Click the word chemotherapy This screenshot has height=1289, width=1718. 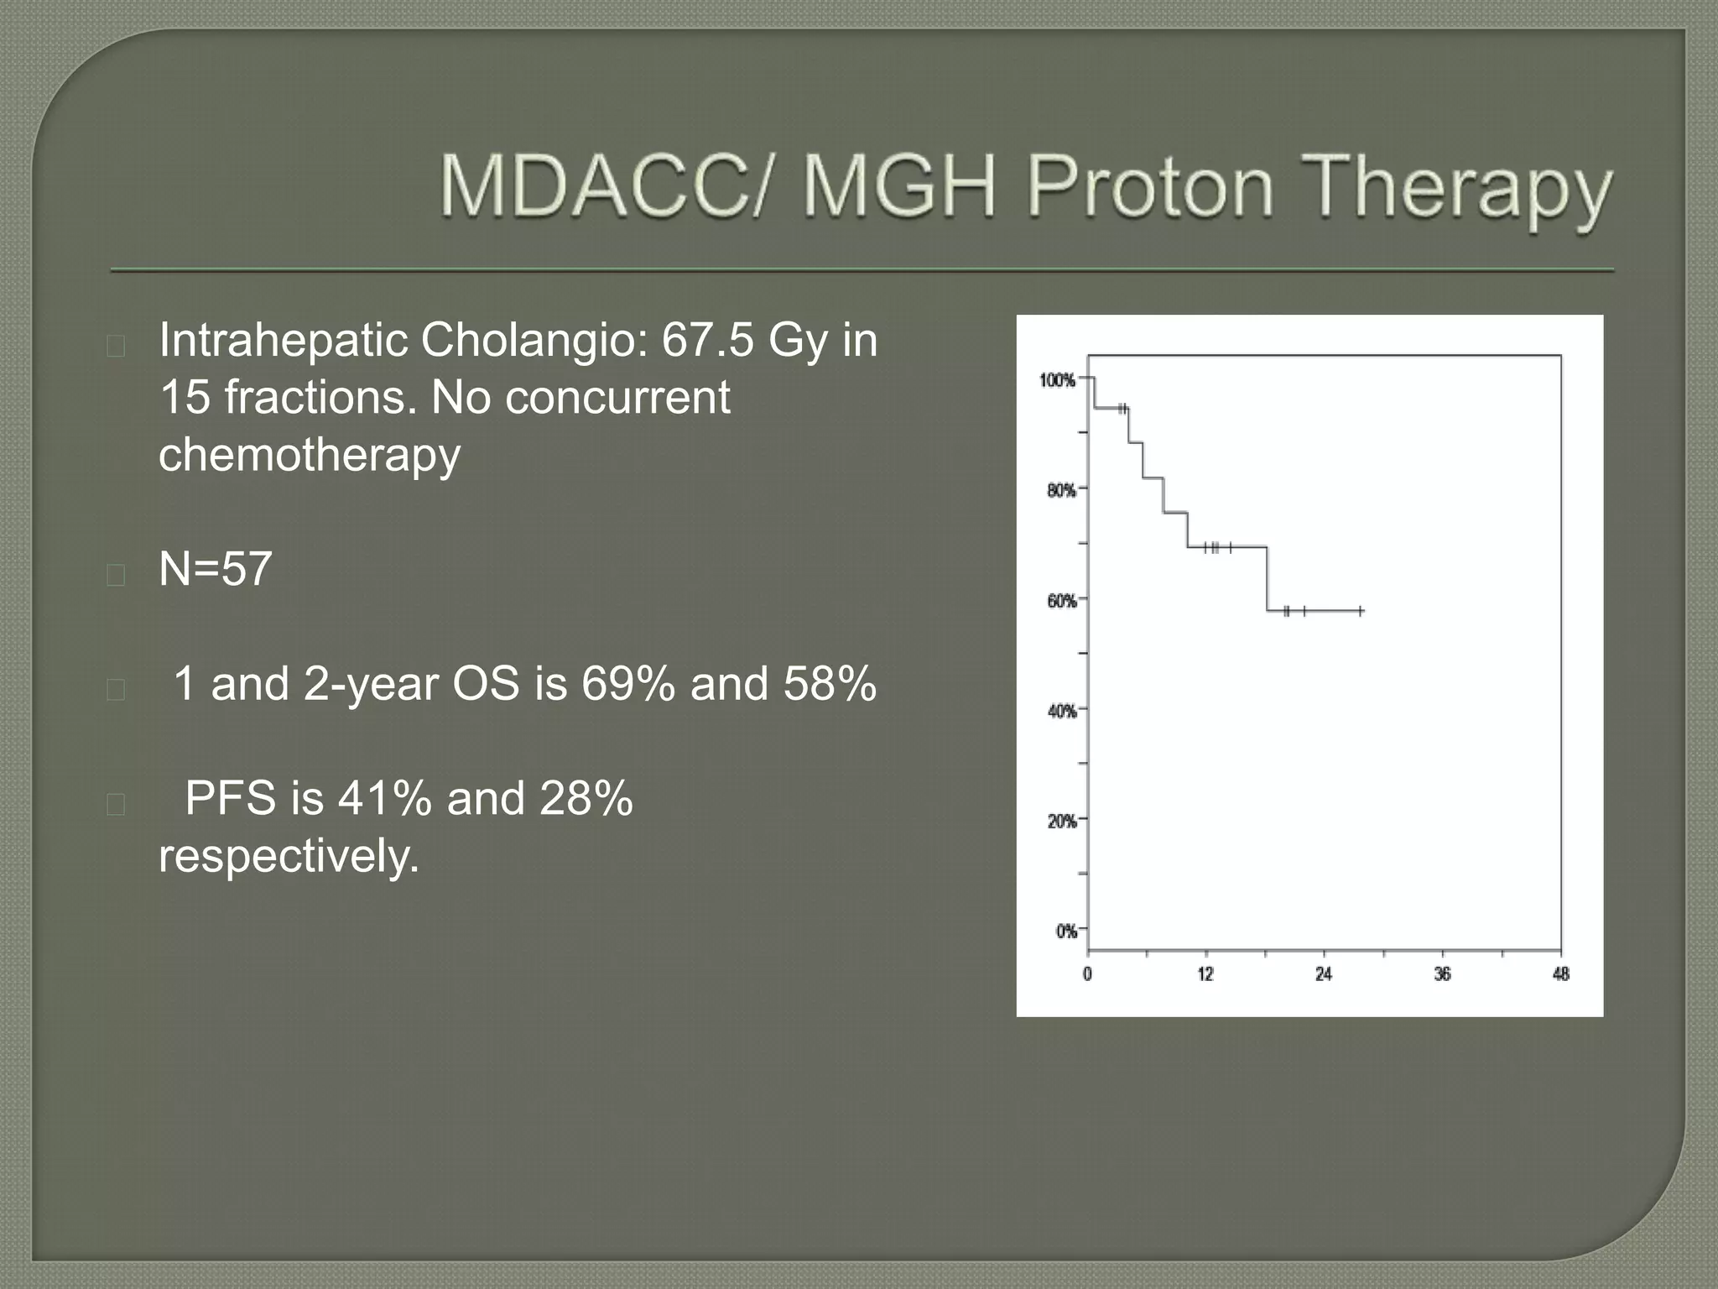[x=310, y=456]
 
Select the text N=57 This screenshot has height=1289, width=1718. [x=216, y=569]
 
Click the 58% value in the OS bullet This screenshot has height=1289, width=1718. [x=830, y=683]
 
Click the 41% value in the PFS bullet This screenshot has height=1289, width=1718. [x=384, y=797]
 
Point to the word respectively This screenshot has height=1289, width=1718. [x=289, y=856]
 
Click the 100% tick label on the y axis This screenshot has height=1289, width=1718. [x=1058, y=381]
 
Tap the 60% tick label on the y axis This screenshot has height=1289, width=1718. [x=1061, y=602]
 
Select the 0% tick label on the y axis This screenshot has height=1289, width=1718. [x=1065, y=932]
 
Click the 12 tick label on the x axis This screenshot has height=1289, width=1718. [x=1205, y=974]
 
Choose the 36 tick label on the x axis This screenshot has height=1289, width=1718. [x=1442, y=974]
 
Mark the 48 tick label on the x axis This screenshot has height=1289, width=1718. [x=1560, y=974]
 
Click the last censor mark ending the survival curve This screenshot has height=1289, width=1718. [x=1361, y=611]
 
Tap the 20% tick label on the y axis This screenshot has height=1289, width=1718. [x=1061, y=822]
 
